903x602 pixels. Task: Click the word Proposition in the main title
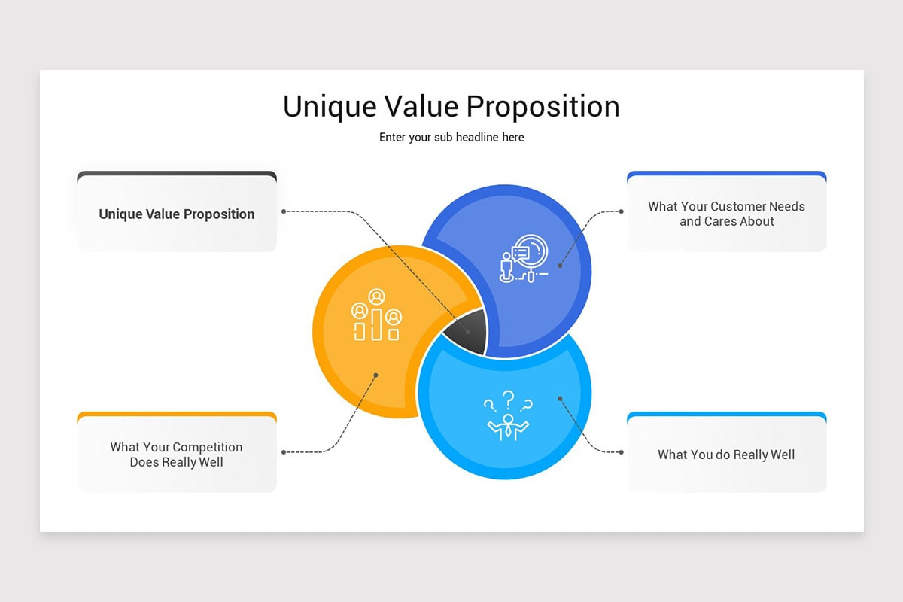[x=543, y=107]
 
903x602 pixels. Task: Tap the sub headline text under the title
[x=451, y=138]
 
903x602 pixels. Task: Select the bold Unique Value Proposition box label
[x=177, y=214]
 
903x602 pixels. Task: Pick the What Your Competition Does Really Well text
[x=177, y=455]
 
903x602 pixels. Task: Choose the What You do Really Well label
[x=726, y=455]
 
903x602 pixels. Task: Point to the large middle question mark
[x=509, y=397]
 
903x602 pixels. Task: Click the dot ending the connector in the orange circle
[x=375, y=375]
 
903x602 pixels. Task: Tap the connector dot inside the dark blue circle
[x=560, y=266]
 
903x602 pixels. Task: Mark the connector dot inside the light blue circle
[x=560, y=398]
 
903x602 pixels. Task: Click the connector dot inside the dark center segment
[x=468, y=332]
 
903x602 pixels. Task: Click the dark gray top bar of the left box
[x=177, y=174]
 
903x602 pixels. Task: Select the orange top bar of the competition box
[x=177, y=414]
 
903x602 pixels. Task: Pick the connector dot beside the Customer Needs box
[x=621, y=211]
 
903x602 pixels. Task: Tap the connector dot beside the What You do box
[x=621, y=452]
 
